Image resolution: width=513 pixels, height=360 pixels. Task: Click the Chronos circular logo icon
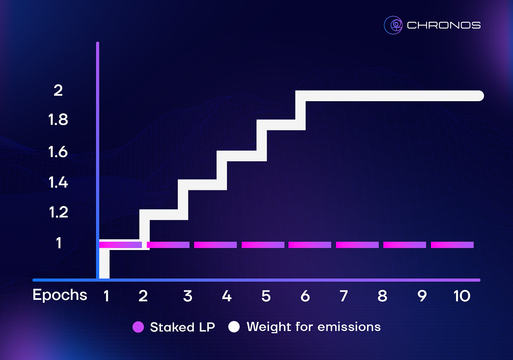[393, 25]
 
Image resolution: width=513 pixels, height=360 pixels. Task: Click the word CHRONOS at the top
[444, 25]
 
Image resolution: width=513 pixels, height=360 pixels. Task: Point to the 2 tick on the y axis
[58, 91]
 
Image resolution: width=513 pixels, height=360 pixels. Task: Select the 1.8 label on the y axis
[58, 120]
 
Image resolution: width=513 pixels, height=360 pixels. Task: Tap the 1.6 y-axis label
[58, 152]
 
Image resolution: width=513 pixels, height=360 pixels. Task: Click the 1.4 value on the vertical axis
[58, 182]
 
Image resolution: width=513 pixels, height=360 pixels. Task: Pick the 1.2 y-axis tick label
[59, 212]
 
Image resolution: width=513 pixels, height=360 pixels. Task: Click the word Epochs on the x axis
[60, 295]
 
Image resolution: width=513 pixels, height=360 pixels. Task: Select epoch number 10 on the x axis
[462, 296]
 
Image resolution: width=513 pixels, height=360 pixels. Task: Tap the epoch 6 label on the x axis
[305, 296]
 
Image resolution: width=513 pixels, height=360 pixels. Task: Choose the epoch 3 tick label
[188, 296]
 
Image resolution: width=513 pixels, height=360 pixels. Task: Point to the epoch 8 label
[382, 296]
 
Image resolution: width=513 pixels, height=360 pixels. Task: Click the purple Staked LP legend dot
[138, 327]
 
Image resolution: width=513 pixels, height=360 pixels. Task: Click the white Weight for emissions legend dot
[234, 327]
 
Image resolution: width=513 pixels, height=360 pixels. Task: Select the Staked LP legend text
[182, 327]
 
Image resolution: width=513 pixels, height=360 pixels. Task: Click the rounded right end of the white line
[479, 96]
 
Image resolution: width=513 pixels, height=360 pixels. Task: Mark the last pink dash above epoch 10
[452, 245]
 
